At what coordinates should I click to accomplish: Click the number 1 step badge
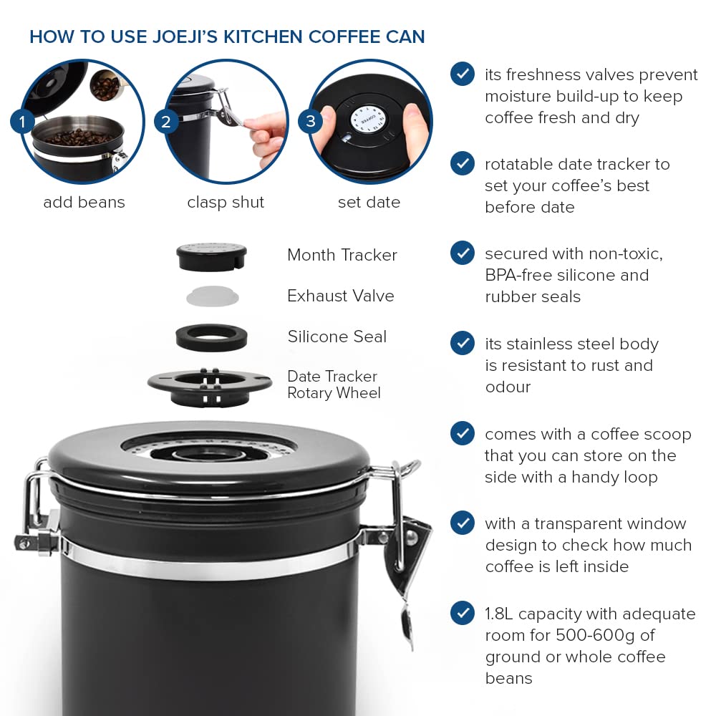click(x=22, y=122)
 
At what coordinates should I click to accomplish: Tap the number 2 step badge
click(x=166, y=122)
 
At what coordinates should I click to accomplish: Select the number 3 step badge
click(x=310, y=122)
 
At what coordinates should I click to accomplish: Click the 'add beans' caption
click(x=84, y=203)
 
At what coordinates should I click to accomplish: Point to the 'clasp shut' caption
click(x=226, y=203)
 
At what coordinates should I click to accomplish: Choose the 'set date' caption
click(x=369, y=203)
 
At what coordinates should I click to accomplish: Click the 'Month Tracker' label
click(x=342, y=255)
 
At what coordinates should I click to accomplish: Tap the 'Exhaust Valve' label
click(x=340, y=296)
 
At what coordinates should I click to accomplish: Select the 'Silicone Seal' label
click(x=337, y=337)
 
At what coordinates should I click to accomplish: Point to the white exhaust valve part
click(x=212, y=296)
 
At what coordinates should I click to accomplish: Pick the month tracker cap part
click(x=211, y=256)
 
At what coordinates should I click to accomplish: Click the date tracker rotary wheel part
click(x=210, y=384)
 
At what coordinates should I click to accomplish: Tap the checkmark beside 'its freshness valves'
click(x=463, y=74)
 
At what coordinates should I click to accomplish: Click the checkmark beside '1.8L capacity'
click(x=463, y=613)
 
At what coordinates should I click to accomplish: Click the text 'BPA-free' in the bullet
click(x=517, y=275)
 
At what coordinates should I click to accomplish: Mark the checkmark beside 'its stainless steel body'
click(x=463, y=343)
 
